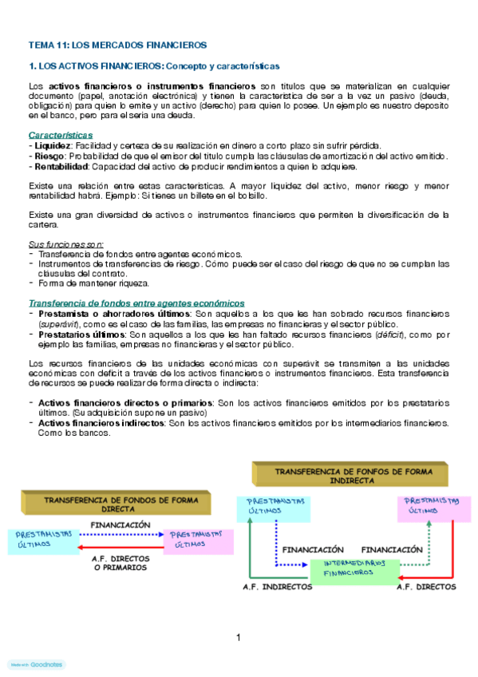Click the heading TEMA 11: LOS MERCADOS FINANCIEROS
point(117,45)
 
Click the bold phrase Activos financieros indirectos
point(101,422)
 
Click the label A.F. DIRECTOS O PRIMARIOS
point(120,563)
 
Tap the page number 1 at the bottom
point(239,636)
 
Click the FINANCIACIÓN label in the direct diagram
point(120,525)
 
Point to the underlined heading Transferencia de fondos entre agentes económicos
point(136,303)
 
